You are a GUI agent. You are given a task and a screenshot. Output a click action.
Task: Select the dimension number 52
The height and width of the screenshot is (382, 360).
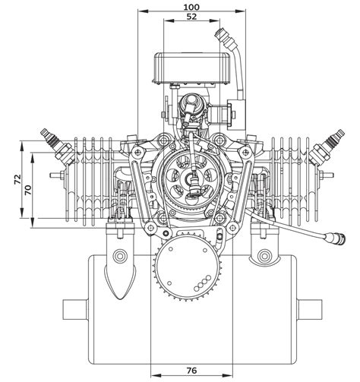pos(191,16)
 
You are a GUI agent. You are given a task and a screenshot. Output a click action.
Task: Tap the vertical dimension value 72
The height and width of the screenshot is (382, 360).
pos(17,179)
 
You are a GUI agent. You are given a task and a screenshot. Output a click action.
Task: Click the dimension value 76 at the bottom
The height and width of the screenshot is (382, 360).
pos(191,370)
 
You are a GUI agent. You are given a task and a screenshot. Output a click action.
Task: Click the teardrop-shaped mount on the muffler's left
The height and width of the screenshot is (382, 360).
pos(121,277)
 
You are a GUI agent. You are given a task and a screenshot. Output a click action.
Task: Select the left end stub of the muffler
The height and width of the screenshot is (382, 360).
pos(74,310)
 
